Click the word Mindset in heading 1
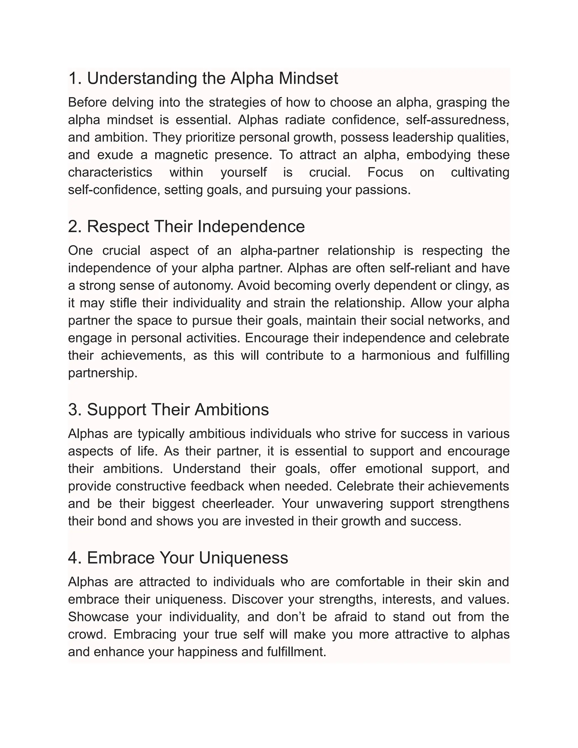308,78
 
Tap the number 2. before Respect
75,227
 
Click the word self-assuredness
457,120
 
